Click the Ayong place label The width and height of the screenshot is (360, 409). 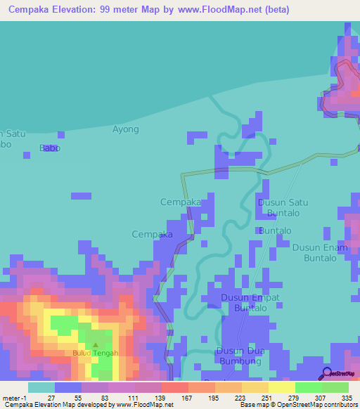(126, 129)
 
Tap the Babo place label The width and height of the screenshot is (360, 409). (50, 148)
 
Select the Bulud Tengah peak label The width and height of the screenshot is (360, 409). (95, 353)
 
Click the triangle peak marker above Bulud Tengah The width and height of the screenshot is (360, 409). (96, 345)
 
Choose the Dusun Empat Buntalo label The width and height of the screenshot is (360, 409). (250, 303)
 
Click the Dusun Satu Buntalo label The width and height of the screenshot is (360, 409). (283, 207)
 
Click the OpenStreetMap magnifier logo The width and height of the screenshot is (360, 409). (327, 373)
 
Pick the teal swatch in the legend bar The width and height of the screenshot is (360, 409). (41, 387)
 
